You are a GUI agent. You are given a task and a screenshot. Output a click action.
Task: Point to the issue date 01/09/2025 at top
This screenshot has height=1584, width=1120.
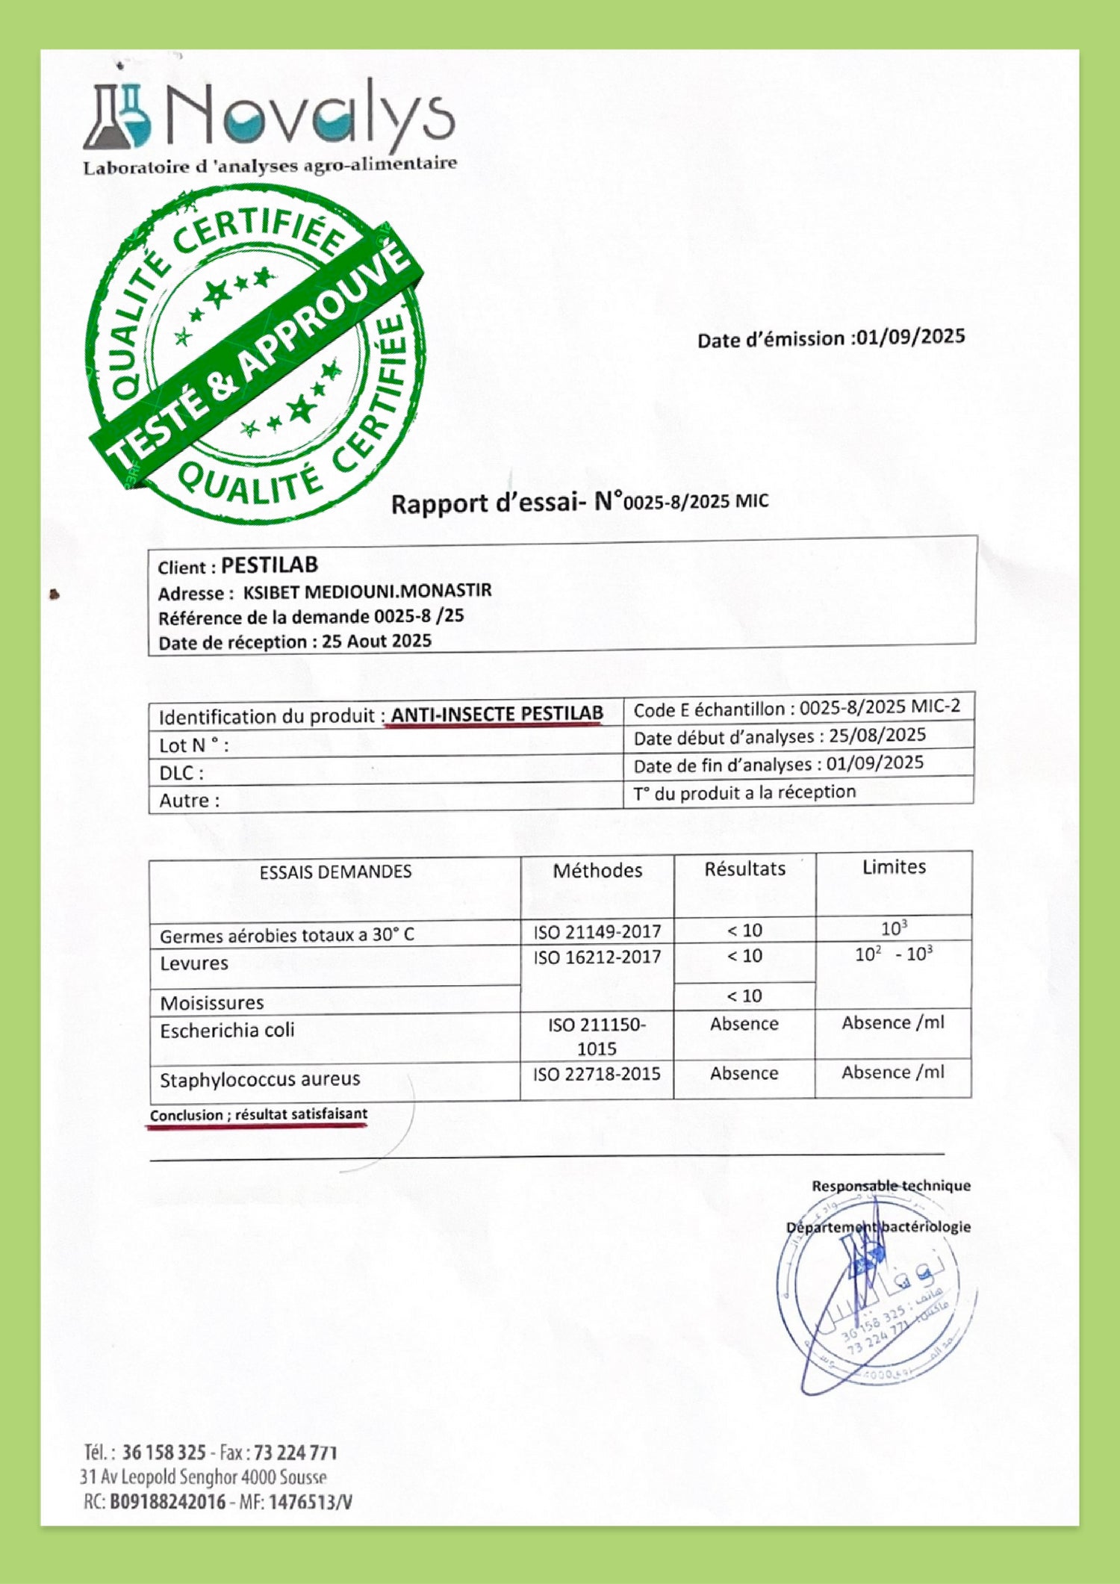coord(910,337)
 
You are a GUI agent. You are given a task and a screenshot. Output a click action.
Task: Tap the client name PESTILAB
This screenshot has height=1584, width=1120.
coord(270,565)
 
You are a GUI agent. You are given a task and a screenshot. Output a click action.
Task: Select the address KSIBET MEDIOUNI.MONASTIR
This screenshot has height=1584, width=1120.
coord(367,591)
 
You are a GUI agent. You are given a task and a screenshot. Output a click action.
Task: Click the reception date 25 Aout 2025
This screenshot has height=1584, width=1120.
coord(376,642)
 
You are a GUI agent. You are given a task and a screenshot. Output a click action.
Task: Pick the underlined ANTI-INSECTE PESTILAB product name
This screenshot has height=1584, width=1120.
coord(497,714)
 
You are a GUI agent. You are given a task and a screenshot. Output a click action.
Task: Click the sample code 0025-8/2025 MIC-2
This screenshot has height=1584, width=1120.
coord(880,706)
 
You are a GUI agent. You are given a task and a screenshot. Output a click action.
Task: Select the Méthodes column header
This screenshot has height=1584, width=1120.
coord(597,870)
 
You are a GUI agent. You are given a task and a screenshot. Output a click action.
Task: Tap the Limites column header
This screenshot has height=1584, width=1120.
coord(894,867)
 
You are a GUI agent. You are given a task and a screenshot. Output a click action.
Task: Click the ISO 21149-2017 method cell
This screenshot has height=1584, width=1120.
coord(597,931)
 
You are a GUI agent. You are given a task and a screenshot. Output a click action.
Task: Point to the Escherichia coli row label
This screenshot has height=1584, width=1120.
coord(227,1031)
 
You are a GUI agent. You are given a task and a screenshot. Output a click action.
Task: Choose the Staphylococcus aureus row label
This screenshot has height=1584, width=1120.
coord(259,1079)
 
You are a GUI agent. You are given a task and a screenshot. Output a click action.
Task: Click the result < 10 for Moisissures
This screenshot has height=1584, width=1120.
coord(744,996)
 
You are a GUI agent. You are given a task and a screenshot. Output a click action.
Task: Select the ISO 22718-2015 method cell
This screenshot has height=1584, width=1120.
coord(597,1074)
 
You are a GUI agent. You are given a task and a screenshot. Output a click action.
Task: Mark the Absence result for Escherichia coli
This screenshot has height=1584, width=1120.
coord(744,1024)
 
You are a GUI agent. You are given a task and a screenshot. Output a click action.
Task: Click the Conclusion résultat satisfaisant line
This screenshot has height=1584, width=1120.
coord(258,1114)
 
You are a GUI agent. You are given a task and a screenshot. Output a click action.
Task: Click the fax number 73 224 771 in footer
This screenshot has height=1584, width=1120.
coord(296,1453)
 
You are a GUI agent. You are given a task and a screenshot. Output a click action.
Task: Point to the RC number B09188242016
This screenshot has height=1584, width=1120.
coord(167,1502)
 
